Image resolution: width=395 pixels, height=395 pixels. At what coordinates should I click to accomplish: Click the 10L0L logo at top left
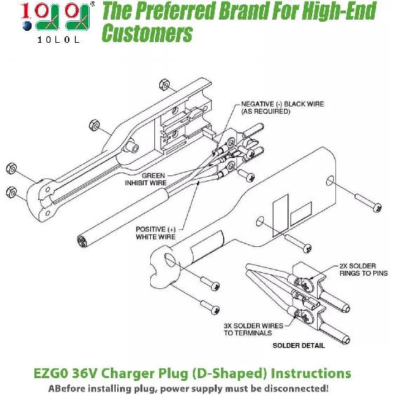[55, 22]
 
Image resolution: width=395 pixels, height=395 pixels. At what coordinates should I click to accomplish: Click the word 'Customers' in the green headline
[147, 33]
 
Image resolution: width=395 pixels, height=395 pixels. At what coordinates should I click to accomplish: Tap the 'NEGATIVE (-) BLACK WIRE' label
[283, 104]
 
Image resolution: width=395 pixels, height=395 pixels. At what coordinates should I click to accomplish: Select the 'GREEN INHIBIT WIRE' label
[146, 179]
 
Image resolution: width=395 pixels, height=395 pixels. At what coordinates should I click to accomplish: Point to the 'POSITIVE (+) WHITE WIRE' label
[156, 233]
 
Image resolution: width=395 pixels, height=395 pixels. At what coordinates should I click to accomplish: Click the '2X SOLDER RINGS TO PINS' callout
[363, 269]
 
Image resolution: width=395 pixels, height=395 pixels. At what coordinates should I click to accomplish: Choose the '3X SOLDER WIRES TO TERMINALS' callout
[253, 329]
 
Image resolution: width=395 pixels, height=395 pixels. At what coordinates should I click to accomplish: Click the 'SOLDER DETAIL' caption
[298, 345]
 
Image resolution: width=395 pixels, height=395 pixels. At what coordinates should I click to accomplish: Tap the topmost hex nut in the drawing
[165, 85]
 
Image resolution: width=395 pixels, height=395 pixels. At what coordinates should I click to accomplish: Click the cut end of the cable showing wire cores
[81, 240]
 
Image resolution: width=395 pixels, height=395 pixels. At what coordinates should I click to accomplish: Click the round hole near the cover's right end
[330, 181]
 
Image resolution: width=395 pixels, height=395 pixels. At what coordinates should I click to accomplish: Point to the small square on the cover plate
[301, 213]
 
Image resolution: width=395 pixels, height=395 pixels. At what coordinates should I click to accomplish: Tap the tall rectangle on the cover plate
[281, 215]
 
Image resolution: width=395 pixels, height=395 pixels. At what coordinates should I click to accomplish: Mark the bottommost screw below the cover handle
[210, 307]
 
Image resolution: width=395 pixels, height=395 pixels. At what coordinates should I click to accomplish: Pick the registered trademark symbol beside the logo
[93, 4]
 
